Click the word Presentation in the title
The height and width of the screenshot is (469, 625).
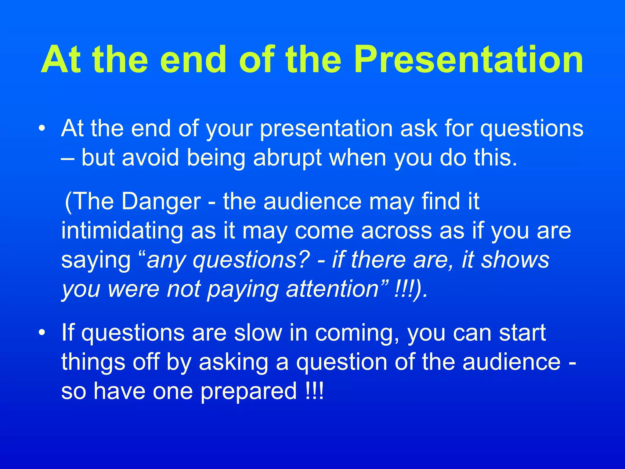click(468, 60)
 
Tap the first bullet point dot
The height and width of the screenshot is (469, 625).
click(42, 129)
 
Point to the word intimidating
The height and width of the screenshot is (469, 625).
click(122, 231)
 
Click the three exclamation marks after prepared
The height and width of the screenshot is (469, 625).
click(314, 391)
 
